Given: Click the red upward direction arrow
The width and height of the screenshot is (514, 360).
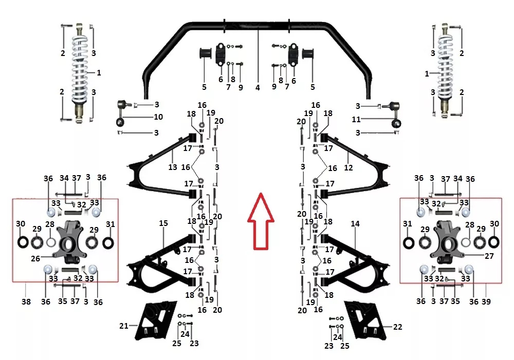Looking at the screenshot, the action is (x=261, y=221).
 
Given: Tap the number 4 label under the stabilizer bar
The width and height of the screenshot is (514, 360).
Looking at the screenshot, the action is (x=258, y=87).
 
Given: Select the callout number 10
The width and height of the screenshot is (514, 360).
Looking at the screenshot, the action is (x=158, y=117).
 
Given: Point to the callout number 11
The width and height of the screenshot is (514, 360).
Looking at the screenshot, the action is (x=356, y=120).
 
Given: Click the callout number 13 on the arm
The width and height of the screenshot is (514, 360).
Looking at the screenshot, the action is (x=173, y=167).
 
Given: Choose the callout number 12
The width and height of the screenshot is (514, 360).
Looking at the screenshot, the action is (x=348, y=168).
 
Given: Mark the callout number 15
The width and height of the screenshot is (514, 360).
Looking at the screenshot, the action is (x=163, y=223).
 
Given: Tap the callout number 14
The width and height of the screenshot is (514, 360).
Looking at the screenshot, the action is (x=355, y=224).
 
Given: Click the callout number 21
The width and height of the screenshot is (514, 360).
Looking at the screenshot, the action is (x=123, y=326).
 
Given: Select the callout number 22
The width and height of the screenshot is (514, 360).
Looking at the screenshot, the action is (x=398, y=327).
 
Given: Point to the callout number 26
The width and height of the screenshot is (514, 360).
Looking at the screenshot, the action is (x=35, y=259).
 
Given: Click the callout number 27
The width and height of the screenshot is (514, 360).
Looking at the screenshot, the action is (x=489, y=256).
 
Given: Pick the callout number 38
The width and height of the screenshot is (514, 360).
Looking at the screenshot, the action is (x=26, y=301).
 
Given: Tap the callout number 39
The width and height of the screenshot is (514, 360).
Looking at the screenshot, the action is (x=486, y=301).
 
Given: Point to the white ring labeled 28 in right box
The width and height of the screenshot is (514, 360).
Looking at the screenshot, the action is (x=466, y=243).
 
